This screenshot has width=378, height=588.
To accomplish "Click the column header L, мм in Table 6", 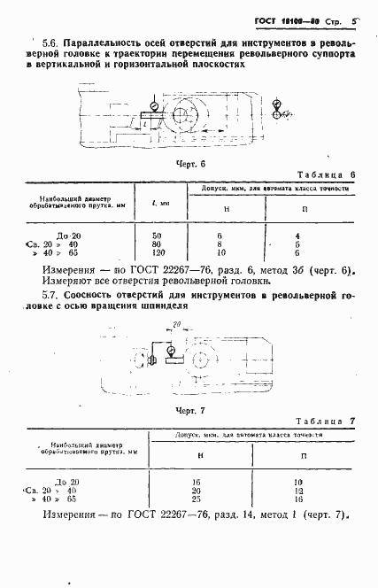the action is click(160, 203).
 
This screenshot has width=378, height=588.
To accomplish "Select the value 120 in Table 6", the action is click(160, 252).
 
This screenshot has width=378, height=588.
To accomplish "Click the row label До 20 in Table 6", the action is click(68, 235).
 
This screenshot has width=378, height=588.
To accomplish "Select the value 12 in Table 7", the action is click(299, 490).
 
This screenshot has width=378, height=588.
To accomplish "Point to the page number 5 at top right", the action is click(353, 19).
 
